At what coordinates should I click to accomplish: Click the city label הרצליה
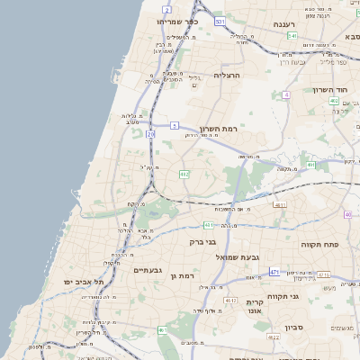[x=229, y=76]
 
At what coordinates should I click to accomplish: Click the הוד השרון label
[x=330, y=90]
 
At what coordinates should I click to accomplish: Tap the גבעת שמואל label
[x=238, y=257]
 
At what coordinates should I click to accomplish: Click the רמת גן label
[x=182, y=275]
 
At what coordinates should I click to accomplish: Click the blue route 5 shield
[x=175, y=125]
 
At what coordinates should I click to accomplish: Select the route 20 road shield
[x=150, y=134]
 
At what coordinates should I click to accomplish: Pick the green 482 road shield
[x=184, y=174]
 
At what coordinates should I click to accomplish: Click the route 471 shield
[x=274, y=271]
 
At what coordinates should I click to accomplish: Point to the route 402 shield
[x=335, y=102]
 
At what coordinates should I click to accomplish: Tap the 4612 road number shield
[x=231, y=301]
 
